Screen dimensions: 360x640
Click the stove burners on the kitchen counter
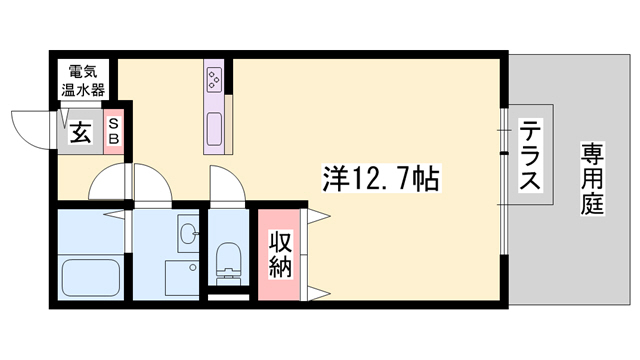point(215,77)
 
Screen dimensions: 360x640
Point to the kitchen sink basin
point(215,128)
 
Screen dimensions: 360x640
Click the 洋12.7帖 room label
point(369,181)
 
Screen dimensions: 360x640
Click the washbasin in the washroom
point(186,235)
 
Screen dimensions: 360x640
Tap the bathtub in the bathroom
point(90,275)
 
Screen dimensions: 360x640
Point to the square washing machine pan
point(182,278)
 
